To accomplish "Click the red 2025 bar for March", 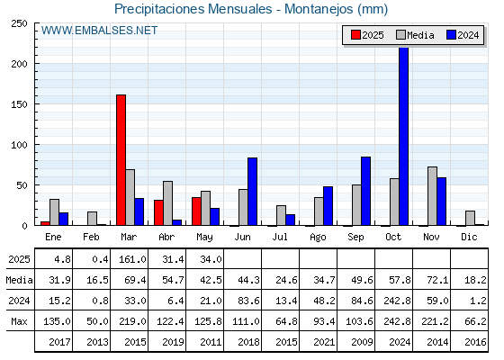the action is (x=121, y=160).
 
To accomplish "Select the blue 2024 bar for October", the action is (x=404, y=136).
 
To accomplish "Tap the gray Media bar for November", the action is (x=432, y=196).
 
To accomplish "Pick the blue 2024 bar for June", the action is (x=252, y=191).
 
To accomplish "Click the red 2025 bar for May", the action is (x=196, y=211).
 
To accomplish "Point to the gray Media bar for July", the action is (x=281, y=215).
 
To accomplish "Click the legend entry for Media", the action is (x=415, y=35).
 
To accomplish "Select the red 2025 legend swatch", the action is (x=355, y=35).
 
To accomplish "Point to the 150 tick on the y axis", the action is (x=19, y=104).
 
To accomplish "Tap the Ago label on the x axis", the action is (x=318, y=238).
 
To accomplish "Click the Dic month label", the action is (x=469, y=237).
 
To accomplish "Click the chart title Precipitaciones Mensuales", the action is (x=193, y=9).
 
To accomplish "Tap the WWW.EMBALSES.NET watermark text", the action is (x=99, y=31).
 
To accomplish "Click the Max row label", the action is (x=19, y=321).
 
